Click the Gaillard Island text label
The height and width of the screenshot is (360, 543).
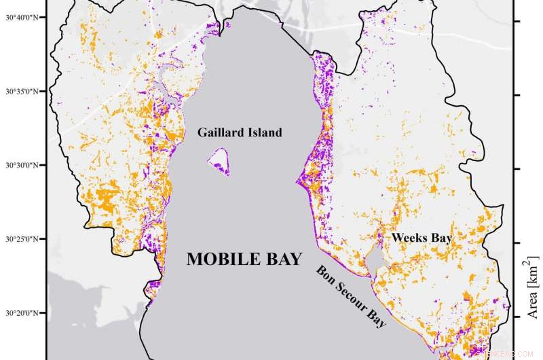pyautogui.click(x=239, y=132)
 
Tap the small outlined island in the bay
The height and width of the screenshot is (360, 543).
pyautogui.click(x=219, y=162)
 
